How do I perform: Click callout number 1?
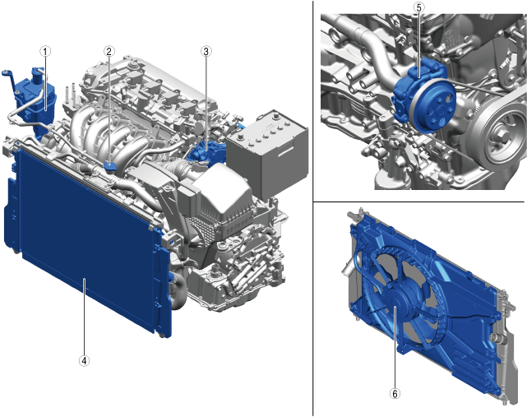coord(45,52)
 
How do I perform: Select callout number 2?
coord(109,51)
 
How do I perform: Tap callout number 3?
coord(206,51)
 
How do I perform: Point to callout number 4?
coord(84,361)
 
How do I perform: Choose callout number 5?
coord(418,7)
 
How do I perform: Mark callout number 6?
coord(395,393)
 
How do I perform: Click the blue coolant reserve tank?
coord(34,101)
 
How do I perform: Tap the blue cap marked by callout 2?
coord(109,166)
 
